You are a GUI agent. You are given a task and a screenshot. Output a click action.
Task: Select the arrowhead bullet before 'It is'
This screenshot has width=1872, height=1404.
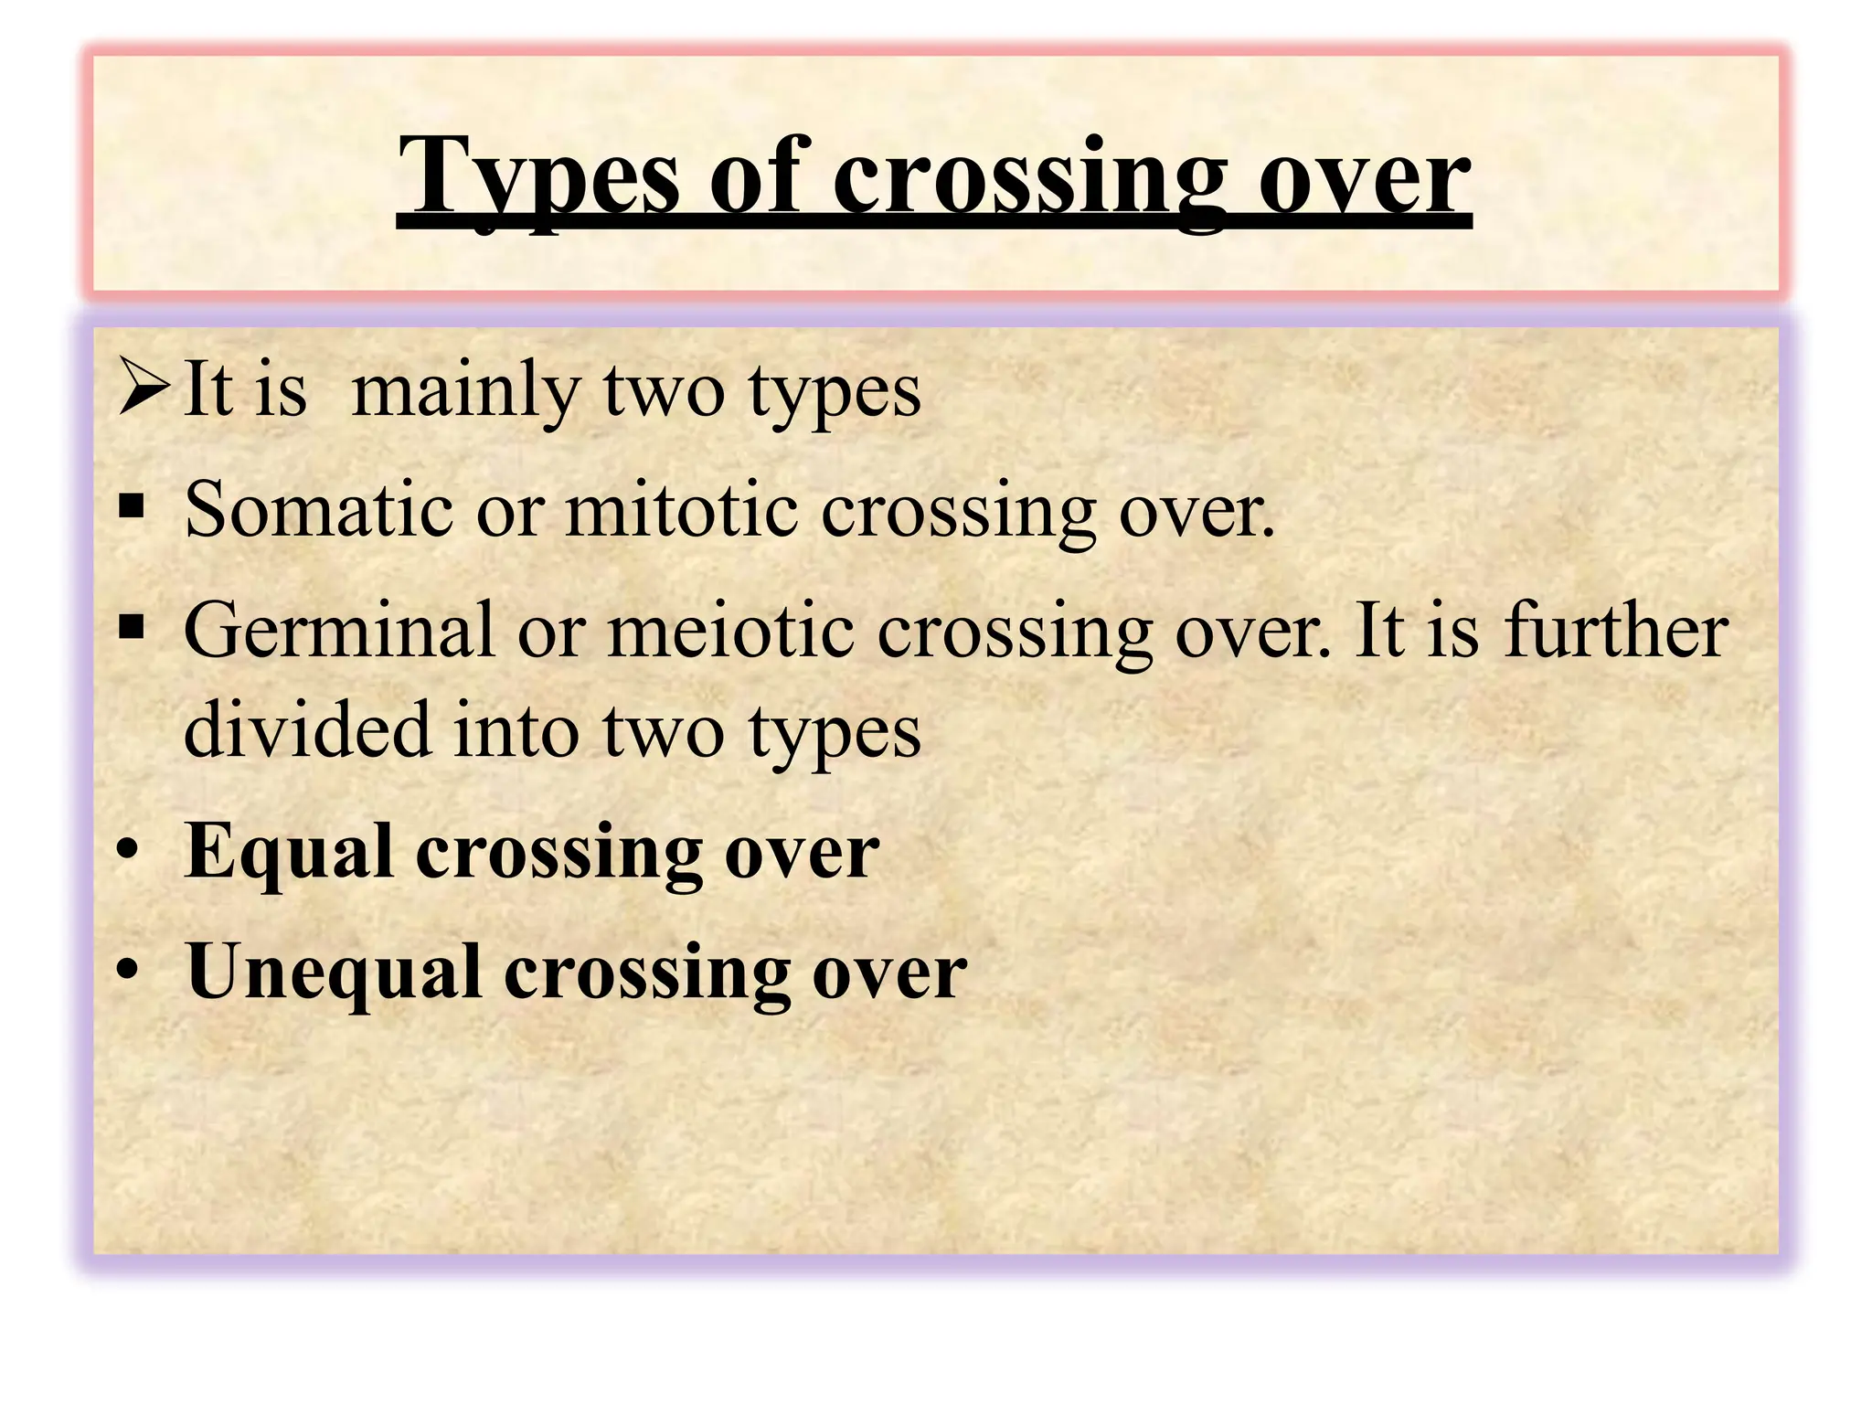[144, 388]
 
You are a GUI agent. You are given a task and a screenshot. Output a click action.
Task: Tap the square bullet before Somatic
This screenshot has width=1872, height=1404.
[133, 506]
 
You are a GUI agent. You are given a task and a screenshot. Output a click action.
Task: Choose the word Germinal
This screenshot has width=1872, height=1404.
[339, 631]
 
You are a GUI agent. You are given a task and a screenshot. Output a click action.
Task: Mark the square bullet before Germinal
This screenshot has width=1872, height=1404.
[133, 628]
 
